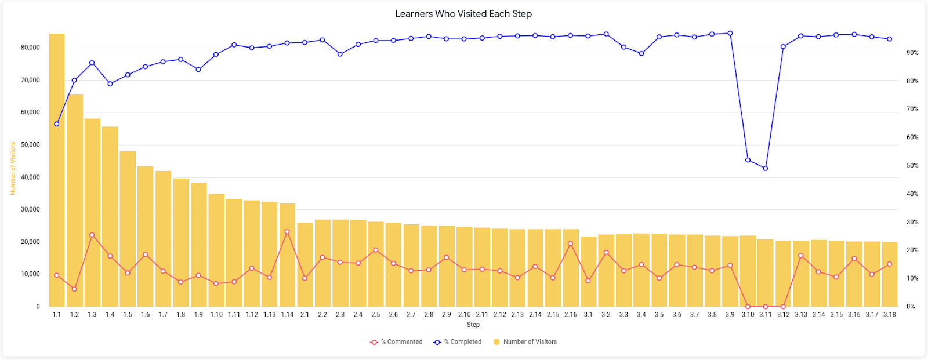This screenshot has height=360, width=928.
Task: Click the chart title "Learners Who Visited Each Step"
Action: [x=463, y=14]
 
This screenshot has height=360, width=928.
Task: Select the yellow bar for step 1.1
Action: [x=57, y=170]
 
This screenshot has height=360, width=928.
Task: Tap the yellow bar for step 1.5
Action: [x=128, y=228]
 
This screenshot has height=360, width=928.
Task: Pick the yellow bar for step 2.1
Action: [x=305, y=265]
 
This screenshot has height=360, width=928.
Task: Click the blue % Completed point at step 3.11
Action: [x=765, y=168]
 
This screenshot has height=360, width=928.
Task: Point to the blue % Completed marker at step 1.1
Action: [x=57, y=124]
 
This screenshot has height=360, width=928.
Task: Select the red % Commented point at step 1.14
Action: [x=287, y=231]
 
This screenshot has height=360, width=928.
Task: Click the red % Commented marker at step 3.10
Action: [x=748, y=307]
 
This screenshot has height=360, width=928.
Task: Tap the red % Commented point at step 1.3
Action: [x=92, y=235]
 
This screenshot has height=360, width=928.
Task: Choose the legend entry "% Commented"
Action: [x=397, y=342]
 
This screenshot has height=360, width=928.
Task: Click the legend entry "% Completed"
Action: [x=458, y=342]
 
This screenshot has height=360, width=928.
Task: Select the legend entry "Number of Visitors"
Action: [x=525, y=342]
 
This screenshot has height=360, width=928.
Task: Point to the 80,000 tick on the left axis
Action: [x=30, y=48]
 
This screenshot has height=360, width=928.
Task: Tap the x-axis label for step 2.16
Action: [x=571, y=314]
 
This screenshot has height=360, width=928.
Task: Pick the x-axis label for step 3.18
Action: [x=890, y=314]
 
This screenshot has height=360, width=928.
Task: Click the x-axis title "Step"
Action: [x=473, y=325]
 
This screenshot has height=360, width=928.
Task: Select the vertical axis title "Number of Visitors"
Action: [x=13, y=169]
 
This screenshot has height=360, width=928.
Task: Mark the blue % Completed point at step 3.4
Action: [x=641, y=53]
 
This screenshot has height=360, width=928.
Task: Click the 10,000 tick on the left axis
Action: [x=30, y=274]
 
